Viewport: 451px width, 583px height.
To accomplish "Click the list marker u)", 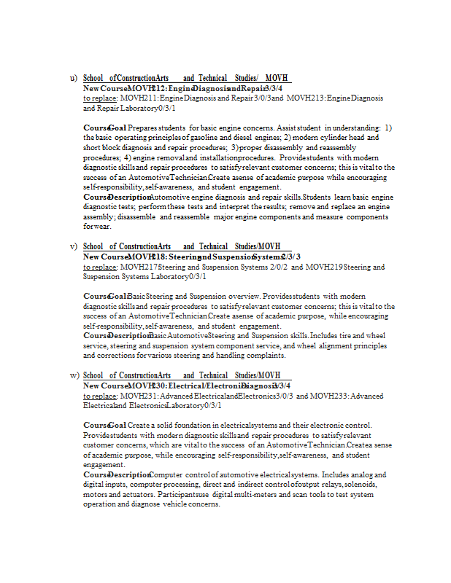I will (73, 78).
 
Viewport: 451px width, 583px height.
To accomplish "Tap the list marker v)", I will (73, 246).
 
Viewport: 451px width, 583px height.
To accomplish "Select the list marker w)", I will (74, 375).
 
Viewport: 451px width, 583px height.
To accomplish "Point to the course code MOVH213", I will (305, 98).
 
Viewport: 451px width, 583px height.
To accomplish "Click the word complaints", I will (265, 356).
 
